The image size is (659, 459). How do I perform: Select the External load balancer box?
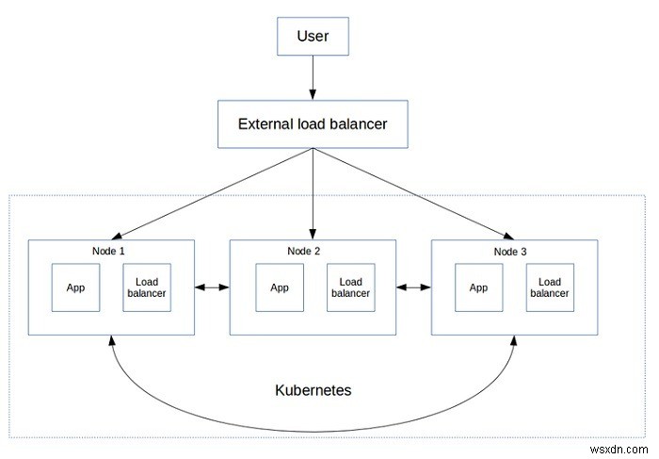point(312,123)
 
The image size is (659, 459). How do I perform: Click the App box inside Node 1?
point(75,287)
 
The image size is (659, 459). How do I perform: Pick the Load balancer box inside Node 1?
point(145,287)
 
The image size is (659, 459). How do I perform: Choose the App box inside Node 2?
point(280,287)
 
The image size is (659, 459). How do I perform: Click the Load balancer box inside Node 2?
point(350,287)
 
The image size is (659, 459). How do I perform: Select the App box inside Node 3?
point(478,287)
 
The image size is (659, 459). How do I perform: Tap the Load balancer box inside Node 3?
point(549,287)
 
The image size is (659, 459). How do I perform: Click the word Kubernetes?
point(313,390)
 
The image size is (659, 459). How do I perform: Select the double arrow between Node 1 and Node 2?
point(212,287)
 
